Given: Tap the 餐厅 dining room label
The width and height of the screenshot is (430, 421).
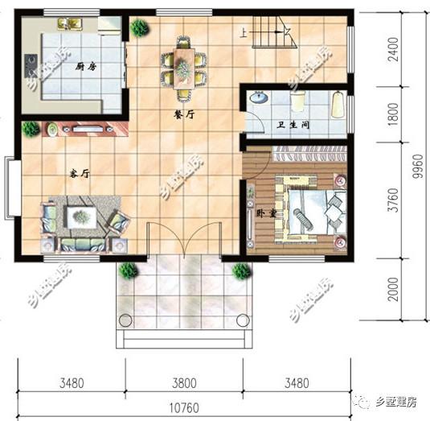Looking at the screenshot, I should click(x=185, y=115).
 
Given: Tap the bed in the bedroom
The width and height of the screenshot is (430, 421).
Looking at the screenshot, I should click(x=317, y=211).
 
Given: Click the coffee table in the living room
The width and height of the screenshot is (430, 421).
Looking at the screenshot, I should click(x=83, y=215).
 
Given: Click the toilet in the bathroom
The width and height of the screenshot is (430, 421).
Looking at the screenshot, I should click(x=299, y=101).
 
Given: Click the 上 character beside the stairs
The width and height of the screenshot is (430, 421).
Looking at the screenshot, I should click(x=243, y=33).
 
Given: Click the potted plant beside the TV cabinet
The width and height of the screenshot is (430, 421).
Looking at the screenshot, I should click(x=31, y=129).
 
